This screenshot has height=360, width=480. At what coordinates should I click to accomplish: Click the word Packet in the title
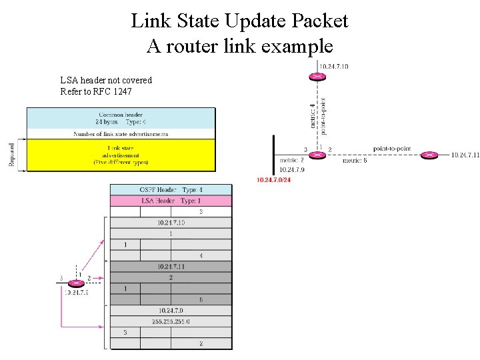pyautogui.click(x=317, y=21)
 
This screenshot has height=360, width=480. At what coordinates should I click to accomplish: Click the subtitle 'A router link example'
pyautogui.click(x=239, y=47)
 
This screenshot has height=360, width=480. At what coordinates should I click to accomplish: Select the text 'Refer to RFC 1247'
pyautogui.click(x=97, y=91)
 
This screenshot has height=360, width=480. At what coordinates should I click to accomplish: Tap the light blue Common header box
pyautogui.click(x=121, y=118)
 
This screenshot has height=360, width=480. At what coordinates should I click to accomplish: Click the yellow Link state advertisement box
pyautogui.click(x=121, y=155)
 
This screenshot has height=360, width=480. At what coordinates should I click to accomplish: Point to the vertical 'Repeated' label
pyautogui.click(x=12, y=155)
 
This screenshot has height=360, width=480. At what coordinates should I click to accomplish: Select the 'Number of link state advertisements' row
pyautogui.click(x=121, y=134)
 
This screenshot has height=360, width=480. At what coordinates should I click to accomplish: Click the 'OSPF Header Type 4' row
pyautogui.click(x=171, y=190)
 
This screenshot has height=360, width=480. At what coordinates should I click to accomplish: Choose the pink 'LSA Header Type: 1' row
pyautogui.click(x=171, y=201)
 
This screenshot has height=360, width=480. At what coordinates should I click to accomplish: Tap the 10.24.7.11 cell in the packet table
pyautogui.click(x=171, y=266)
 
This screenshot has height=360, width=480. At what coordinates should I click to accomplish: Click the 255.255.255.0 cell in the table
pyautogui.click(x=171, y=321)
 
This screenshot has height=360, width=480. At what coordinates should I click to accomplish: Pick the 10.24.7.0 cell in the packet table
pyautogui.click(x=171, y=311)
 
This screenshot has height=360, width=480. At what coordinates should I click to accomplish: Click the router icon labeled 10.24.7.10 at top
pyautogui.click(x=318, y=77)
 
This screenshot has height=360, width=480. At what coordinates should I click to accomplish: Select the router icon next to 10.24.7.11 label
pyautogui.click(x=430, y=155)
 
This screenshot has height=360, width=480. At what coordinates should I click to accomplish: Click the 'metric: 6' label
pyautogui.click(x=355, y=161)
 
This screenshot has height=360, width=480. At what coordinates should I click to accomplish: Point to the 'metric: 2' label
pyautogui.click(x=292, y=161)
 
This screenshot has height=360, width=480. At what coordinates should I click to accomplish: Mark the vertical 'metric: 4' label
pyautogui.click(x=312, y=114)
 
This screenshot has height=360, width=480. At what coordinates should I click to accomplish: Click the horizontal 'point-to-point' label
pyautogui.click(x=392, y=148)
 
